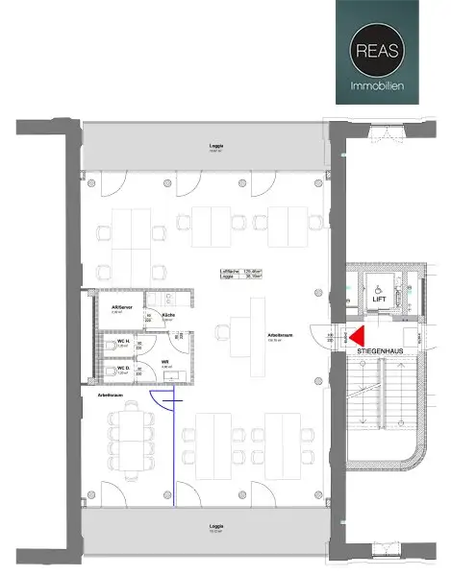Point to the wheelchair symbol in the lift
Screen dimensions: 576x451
click(376, 285)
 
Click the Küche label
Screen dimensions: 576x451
click(167, 314)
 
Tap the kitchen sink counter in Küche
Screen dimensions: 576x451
click(165, 300)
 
